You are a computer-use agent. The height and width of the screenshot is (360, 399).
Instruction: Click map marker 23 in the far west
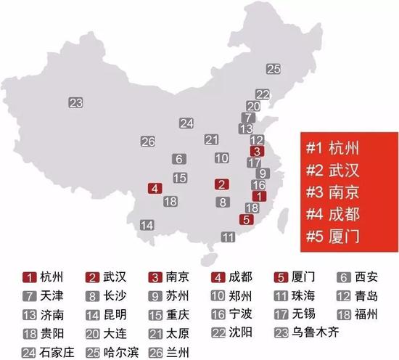[x=76, y=102]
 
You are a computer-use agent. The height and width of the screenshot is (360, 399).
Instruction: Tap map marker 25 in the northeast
[x=273, y=70]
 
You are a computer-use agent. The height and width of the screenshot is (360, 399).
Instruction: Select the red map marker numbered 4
[x=154, y=189]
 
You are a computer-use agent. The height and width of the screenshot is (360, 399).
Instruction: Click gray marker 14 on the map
[x=147, y=224]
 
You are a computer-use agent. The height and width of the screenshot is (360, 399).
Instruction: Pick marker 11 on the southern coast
[x=229, y=237]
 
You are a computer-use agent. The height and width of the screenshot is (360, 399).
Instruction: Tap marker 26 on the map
[x=148, y=142]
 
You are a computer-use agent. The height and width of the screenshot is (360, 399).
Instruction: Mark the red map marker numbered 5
[x=247, y=220]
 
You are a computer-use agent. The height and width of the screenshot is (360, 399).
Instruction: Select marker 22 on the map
[x=263, y=94]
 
